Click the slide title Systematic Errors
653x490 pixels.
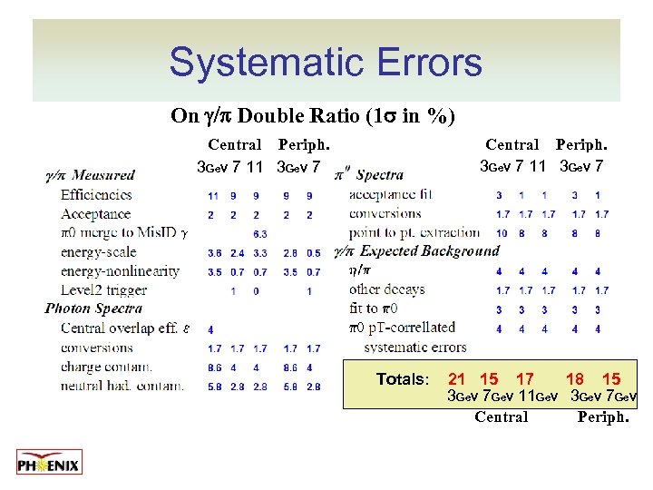click(x=326, y=63)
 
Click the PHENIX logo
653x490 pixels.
click(x=49, y=462)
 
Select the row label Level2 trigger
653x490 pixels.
click(x=103, y=290)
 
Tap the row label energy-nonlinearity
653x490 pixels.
click(x=120, y=271)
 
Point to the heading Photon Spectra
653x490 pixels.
click(x=93, y=309)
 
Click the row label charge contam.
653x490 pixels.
click(x=106, y=367)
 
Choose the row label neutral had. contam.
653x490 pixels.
click(x=122, y=387)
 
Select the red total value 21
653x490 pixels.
click(x=457, y=379)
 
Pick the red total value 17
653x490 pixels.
click(x=524, y=379)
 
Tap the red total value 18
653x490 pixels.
click(x=574, y=379)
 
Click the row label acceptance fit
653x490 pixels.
click(x=391, y=194)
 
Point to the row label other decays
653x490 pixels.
click(x=386, y=290)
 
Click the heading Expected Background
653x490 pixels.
click(x=430, y=250)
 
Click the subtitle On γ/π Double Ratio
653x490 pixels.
click(x=313, y=116)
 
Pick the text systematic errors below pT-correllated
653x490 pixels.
click(x=414, y=347)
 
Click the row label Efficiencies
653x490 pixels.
click(x=96, y=194)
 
